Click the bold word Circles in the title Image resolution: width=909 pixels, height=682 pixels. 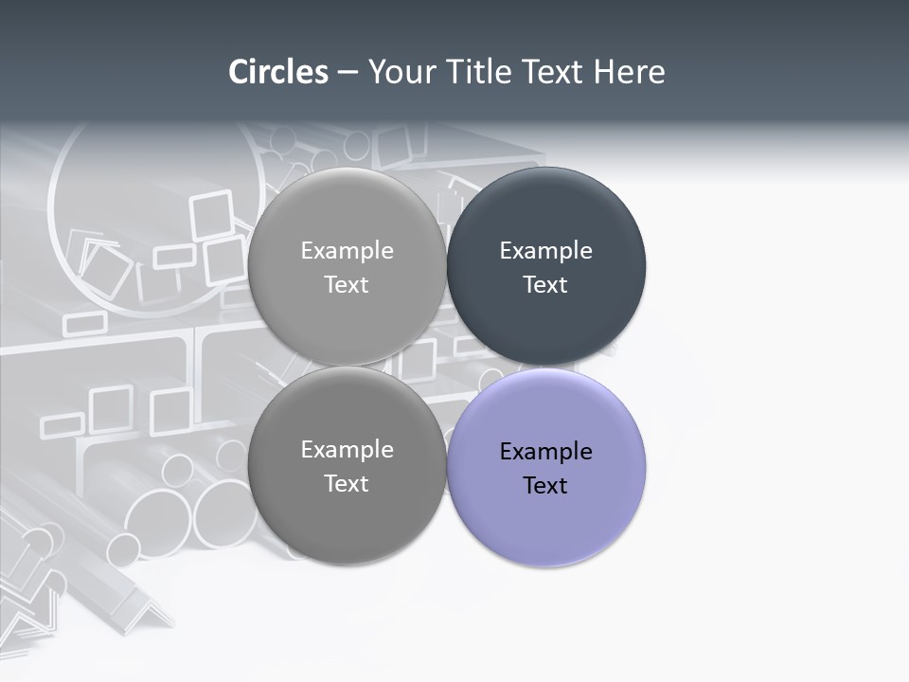pyautogui.click(x=277, y=72)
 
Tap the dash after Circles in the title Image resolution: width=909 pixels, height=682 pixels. pyautogui.click(x=348, y=73)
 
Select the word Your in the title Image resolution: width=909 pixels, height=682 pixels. pyautogui.click(x=399, y=72)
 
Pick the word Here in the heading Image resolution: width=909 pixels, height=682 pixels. pyautogui.click(x=629, y=72)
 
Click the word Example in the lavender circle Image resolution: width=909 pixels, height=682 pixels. pyautogui.click(x=545, y=452)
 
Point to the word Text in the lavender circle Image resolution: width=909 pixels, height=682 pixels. pyautogui.click(x=545, y=486)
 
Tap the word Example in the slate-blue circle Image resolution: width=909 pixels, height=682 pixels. pyautogui.click(x=545, y=251)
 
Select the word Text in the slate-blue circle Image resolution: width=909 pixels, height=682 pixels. pyautogui.click(x=545, y=285)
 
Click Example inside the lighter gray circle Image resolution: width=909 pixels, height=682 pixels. pyautogui.click(x=347, y=251)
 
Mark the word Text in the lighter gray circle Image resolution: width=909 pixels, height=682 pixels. pyautogui.click(x=347, y=285)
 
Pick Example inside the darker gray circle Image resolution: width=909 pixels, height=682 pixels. pyautogui.click(x=347, y=450)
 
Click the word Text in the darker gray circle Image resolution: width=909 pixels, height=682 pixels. pyautogui.click(x=347, y=484)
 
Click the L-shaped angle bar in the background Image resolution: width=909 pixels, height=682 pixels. pyautogui.click(x=142, y=606)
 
